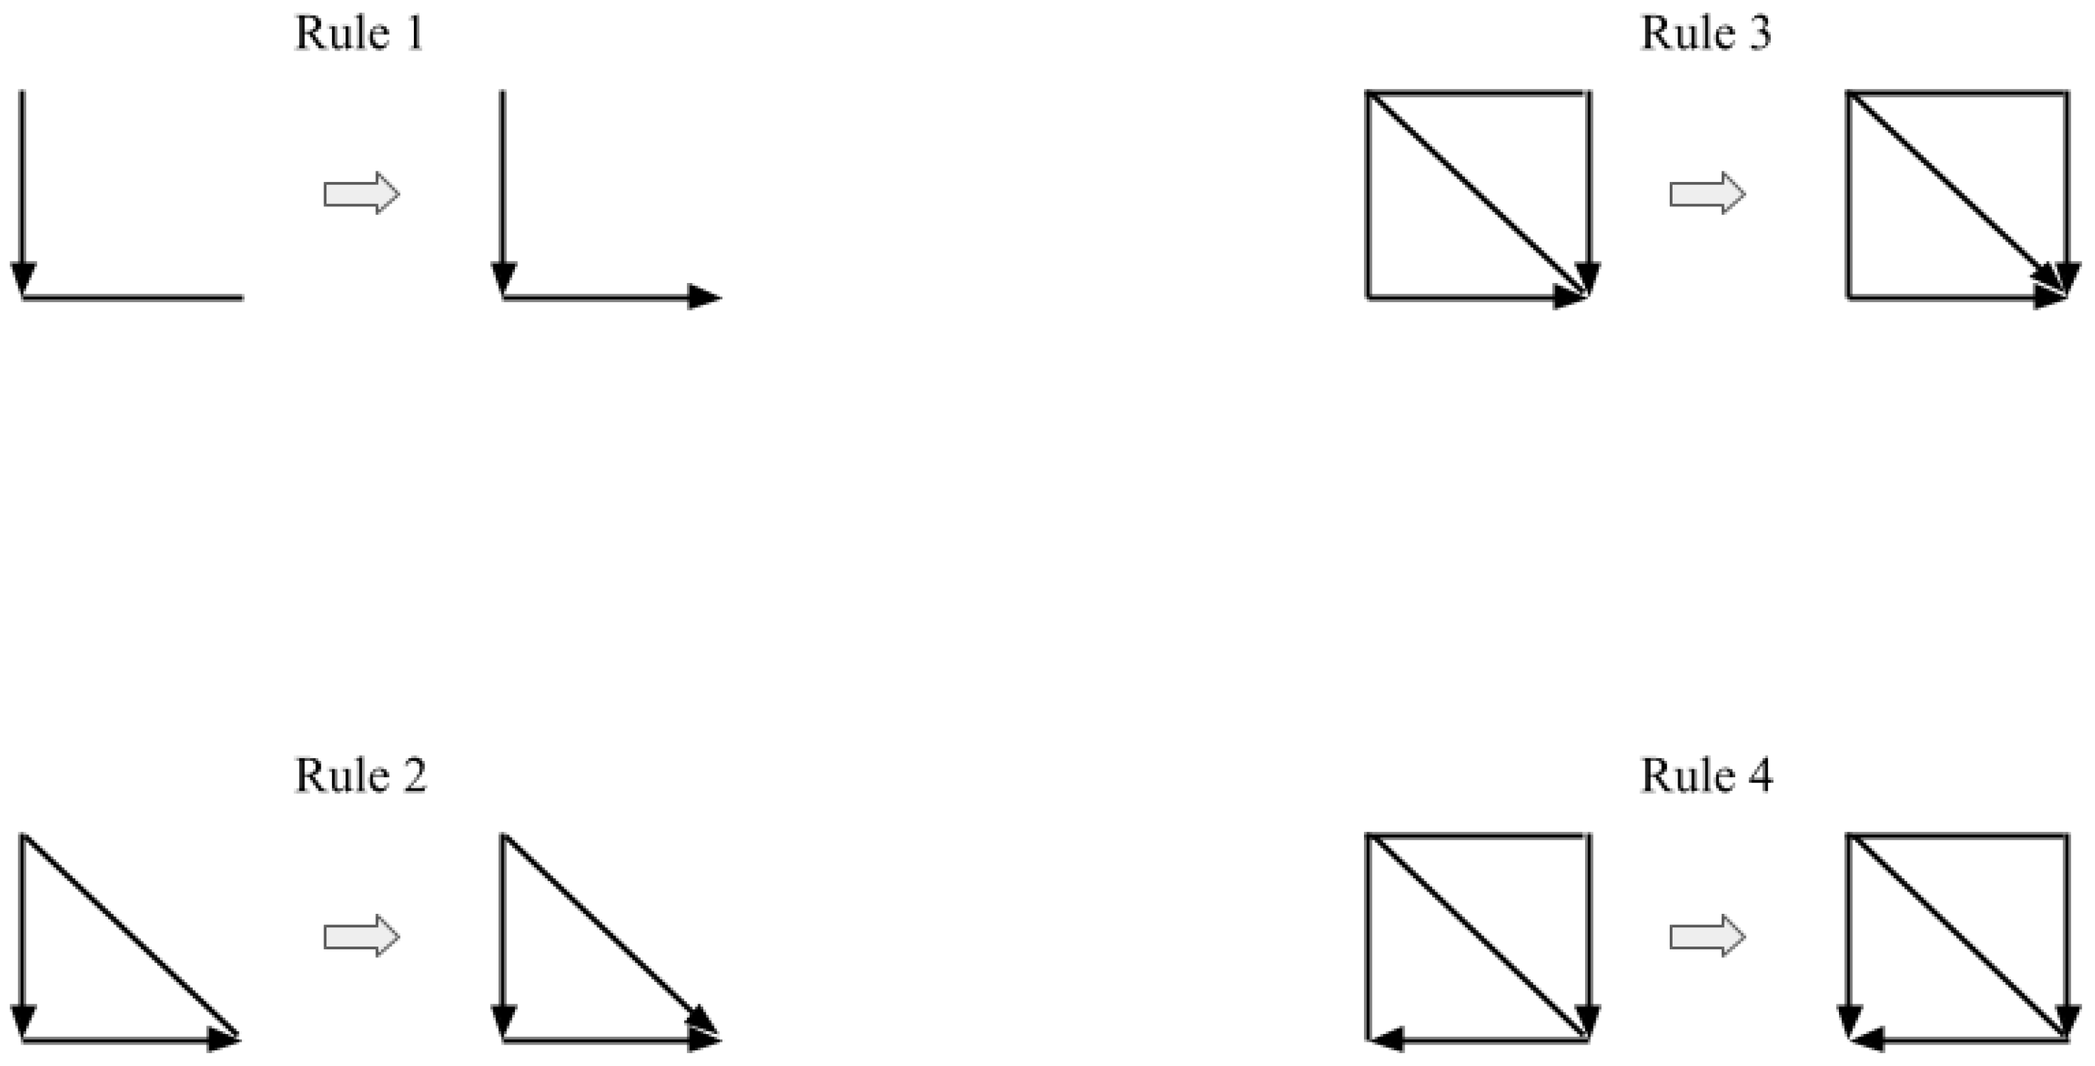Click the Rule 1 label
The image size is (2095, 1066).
359,34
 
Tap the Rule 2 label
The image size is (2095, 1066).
361,776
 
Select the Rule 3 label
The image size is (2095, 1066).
1705,34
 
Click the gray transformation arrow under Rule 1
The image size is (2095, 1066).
362,193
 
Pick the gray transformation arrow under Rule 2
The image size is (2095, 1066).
362,937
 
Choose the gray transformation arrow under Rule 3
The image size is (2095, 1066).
1707,193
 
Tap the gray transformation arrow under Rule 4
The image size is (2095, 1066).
1707,937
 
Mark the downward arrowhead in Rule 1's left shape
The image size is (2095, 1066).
23,278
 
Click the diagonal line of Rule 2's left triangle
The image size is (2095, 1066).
130,937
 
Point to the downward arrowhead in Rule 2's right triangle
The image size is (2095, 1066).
503,1021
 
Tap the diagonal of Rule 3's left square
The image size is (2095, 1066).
1476,195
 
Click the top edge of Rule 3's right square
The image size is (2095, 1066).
1958,92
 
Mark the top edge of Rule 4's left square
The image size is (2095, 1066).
1477,835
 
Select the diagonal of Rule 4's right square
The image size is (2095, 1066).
1958,937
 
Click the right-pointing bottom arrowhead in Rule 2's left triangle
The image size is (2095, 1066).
221,1039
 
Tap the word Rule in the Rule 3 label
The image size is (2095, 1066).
1676,34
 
